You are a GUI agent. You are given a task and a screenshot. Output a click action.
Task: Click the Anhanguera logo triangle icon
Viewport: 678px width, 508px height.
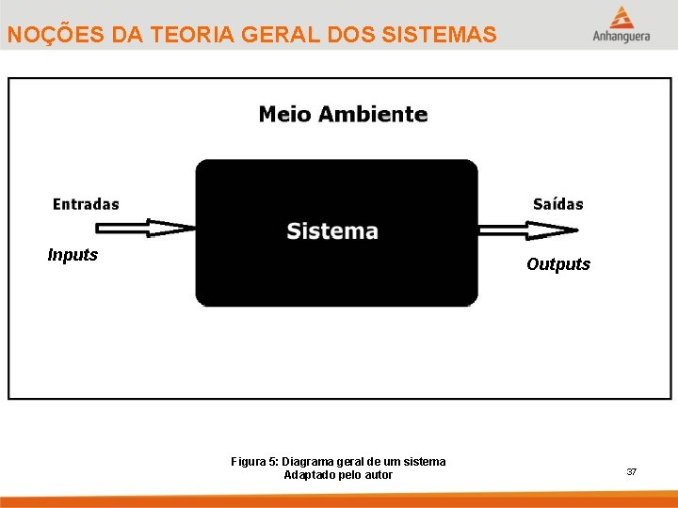[x=621, y=17]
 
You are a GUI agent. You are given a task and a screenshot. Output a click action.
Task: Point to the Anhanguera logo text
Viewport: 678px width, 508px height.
[x=621, y=37]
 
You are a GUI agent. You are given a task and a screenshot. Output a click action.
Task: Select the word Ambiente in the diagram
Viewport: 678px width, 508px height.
[x=372, y=115]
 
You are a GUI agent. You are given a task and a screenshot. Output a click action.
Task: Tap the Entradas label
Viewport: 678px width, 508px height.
[x=86, y=204]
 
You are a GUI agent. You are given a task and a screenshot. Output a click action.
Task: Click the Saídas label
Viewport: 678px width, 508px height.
[x=557, y=204]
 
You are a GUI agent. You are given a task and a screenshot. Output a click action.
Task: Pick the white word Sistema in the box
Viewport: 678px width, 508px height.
[x=332, y=230]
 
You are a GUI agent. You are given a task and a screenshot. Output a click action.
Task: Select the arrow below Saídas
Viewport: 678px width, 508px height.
[x=527, y=230]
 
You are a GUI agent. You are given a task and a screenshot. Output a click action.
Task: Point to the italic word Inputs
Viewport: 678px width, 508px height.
[x=73, y=255]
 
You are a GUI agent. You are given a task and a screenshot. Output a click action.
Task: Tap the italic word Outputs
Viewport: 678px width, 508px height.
[x=558, y=264]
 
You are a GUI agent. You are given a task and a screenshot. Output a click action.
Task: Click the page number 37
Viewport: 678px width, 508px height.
[x=632, y=471]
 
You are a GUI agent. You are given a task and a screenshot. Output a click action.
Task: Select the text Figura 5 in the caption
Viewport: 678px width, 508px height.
[x=254, y=461]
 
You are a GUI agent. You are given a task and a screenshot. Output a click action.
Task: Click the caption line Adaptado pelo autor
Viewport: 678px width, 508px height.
[x=338, y=475]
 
